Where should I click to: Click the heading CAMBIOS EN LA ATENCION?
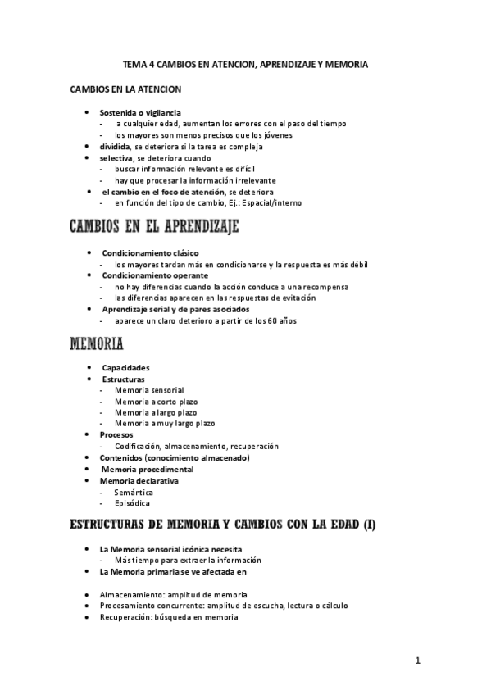[126, 88]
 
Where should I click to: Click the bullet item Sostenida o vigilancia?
[140, 112]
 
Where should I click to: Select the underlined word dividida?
[116, 147]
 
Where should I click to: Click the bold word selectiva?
[116, 157]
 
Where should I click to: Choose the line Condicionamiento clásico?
[150, 253]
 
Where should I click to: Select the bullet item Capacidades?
[125, 368]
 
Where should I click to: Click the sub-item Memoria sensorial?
[149, 390]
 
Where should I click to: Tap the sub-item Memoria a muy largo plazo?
[164, 424]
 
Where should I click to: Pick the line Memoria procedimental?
[148, 469]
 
